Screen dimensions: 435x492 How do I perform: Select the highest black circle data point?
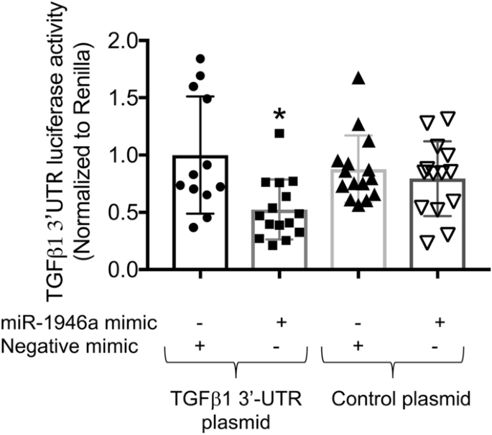click(200, 58)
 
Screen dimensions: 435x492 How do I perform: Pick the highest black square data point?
click(279, 133)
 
